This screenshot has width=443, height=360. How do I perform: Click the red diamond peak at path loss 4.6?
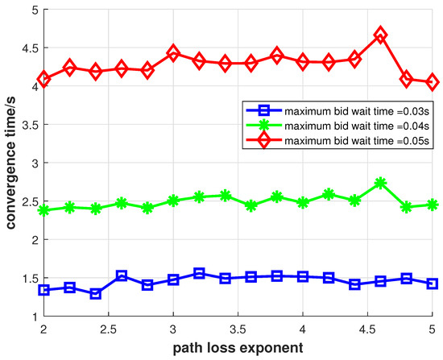pyautogui.click(x=380, y=35)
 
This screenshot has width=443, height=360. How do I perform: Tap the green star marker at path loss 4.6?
pyautogui.click(x=380, y=183)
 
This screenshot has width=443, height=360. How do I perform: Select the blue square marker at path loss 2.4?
pyautogui.click(x=95, y=294)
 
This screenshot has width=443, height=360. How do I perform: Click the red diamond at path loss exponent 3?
pyautogui.click(x=173, y=53)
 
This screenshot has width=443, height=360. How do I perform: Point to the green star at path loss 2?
pyautogui.click(x=43, y=210)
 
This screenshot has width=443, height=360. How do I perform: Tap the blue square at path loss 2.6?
pyautogui.click(x=121, y=276)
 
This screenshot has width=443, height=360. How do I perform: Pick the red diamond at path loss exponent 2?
pyautogui.click(x=43, y=80)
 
